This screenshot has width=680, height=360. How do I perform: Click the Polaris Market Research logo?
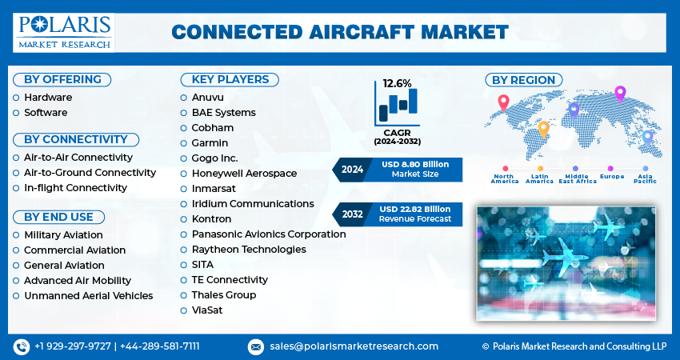pyautogui.click(x=63, y=31)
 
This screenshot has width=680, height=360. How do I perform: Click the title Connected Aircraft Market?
pyautogui.click(x=340, y=32)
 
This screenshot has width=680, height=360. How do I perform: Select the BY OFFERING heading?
pyautogui.click(x=62, y=79)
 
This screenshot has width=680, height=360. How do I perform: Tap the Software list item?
pyautogui.click(x=46, y=113)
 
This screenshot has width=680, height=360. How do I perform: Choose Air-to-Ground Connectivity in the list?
pyautogui.click(x=90, y=173)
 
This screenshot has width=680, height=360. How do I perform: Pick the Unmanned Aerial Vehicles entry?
pyautogui.click(x=88, y=296)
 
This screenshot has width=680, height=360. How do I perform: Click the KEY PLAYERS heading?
pyautogui.click(x=230, y=79)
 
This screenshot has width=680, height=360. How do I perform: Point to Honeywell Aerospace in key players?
pyautogui.click(x=244, y=174)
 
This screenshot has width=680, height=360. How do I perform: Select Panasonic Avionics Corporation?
pyautogui.click(x=269, y=234)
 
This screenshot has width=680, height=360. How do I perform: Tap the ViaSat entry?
pyautogui.click(x=207, y=310)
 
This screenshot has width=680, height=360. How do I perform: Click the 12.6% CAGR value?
pyautogui.click(x=398, y=83)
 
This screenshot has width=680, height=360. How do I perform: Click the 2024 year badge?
pyautogui.click(x=352, y=169)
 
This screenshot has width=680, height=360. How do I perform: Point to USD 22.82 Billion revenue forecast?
pyautogui.click(x=415, y=209)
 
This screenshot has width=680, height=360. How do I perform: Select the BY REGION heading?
pyautogui.click(x=523, y=79)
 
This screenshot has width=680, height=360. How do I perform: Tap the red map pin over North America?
pyautogui.click(x=503, y=102)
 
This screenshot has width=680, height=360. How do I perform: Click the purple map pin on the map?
pyautogui.click(x=619, y=93)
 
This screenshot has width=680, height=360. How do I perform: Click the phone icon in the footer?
pyautogui.click(x=22, y=346)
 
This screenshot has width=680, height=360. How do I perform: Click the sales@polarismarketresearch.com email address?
pyautogui.click(x=354, y=346)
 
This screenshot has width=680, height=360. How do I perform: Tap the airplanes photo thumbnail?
pyautogui.click(x=565, y=263)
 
